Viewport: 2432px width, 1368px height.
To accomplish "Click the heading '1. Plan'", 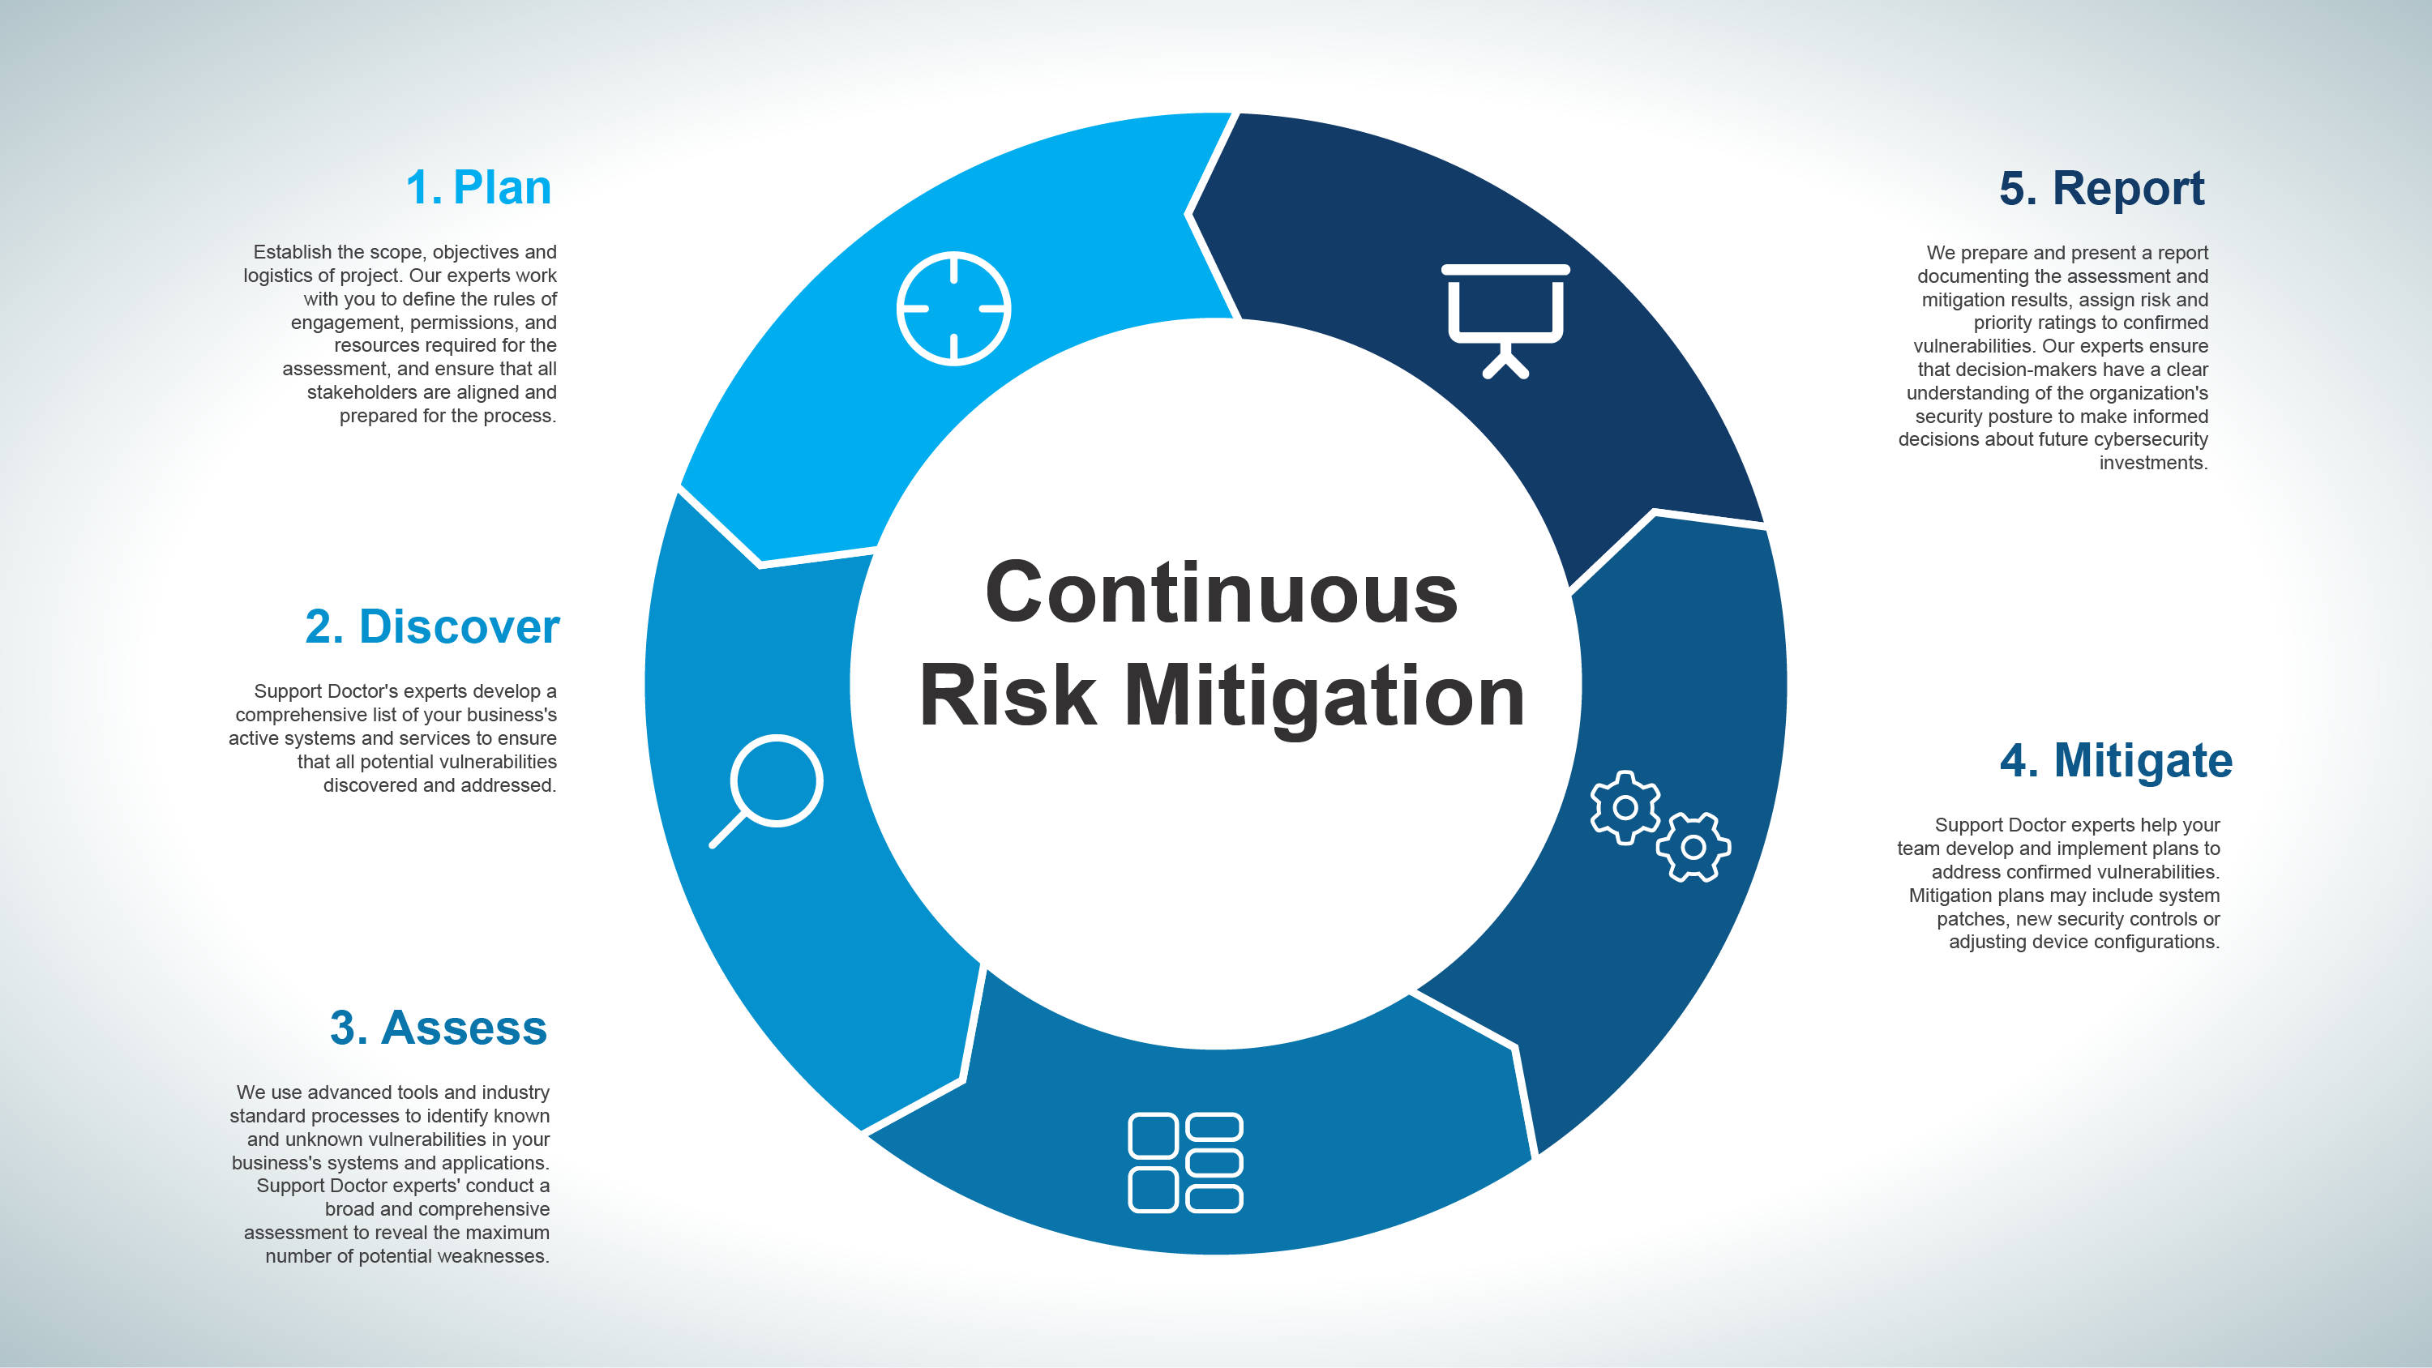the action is point(478,187).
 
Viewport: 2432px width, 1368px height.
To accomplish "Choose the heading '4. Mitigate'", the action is point(2116,761).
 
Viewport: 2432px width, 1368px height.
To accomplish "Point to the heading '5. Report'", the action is point(2101,189).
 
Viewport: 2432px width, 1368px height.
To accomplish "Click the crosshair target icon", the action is point(953,308).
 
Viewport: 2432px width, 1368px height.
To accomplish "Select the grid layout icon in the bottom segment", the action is point(1185,1162).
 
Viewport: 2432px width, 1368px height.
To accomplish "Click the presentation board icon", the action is point(1505,321).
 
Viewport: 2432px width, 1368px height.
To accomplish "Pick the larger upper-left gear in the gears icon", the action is point(1625,807).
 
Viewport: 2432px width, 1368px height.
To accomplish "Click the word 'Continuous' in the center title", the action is point(1221,593).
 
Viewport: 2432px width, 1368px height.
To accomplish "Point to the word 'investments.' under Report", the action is point(2153,463).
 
